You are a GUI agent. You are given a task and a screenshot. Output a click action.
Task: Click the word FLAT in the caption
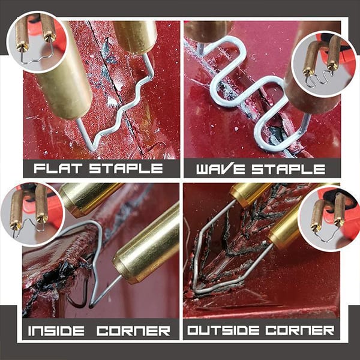[x=58, y=168]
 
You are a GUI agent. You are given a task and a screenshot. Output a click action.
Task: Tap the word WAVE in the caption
[x=221, y=169]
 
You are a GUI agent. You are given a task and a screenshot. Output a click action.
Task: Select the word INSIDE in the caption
[x=56, y=331]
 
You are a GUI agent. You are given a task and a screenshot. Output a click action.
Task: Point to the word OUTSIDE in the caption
[x=223, y=330]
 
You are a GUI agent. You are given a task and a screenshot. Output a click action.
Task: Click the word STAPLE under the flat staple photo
[x=126, y=168]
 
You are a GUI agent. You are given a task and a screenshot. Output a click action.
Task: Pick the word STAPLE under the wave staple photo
[x=288, y=169]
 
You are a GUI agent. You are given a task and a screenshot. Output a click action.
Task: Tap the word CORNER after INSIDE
[x=133, y=331]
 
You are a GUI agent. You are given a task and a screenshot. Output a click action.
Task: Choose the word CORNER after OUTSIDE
[x=300, y=330]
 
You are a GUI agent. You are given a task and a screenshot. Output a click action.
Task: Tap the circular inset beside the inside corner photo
[x=33, y=214]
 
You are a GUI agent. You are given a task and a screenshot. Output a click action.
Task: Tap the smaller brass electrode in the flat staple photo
[x=136, y=37]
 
